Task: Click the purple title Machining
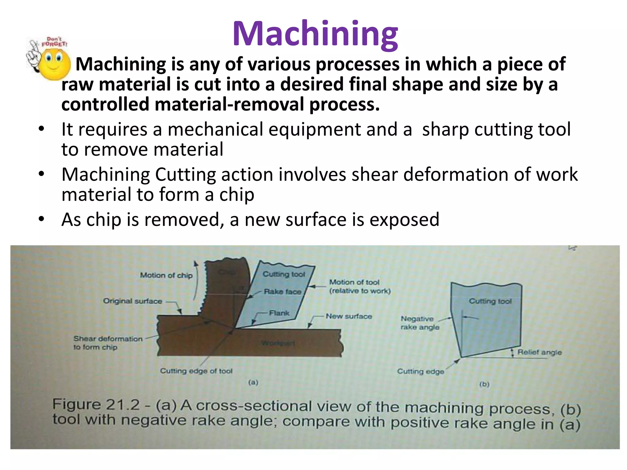(315, 34)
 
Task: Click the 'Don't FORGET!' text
(54, 42)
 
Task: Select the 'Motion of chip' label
(166, 275)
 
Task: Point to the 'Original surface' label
(133, 301)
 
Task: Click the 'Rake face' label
(283, 292)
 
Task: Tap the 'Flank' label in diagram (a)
(279, 313)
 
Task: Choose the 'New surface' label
(349, 316)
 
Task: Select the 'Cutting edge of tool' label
(196, 371)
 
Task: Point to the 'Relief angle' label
(539, 352)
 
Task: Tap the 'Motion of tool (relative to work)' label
(360, 286)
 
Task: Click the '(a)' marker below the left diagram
(253, 382)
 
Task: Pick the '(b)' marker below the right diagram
(484, 384)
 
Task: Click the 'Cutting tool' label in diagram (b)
(490, 301)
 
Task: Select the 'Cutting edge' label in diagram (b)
(420, 371)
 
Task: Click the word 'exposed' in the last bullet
(404, 220)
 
